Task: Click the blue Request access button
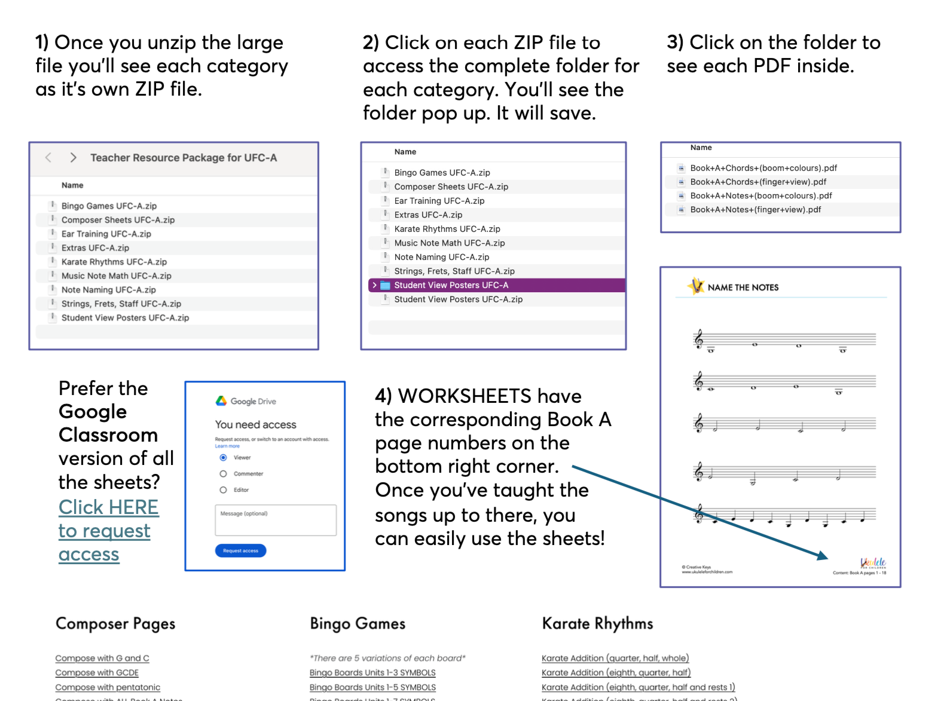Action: (240, 550)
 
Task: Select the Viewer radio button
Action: (223, 458)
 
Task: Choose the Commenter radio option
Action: (223, 474)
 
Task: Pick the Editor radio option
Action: (223, 490)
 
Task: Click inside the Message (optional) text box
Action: (276, 520)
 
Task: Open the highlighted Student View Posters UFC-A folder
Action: (451, 286)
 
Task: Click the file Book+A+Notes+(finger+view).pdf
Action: (755, 210)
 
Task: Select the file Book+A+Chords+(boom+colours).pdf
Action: (763, 169)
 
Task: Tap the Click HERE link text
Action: (108, 507)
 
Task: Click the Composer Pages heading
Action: (115, 624)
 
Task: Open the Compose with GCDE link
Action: (97, 673)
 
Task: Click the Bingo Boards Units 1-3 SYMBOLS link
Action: (372, 673)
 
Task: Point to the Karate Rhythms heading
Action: (597, 624)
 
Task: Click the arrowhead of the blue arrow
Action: (824, 556)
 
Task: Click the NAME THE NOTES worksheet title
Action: (742, 287)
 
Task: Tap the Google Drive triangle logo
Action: (221, 401)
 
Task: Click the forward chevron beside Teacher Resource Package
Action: (73, 158)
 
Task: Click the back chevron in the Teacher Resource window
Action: (48, 158)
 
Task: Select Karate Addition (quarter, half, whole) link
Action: (615, 658)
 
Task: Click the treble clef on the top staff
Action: (698, 339)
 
